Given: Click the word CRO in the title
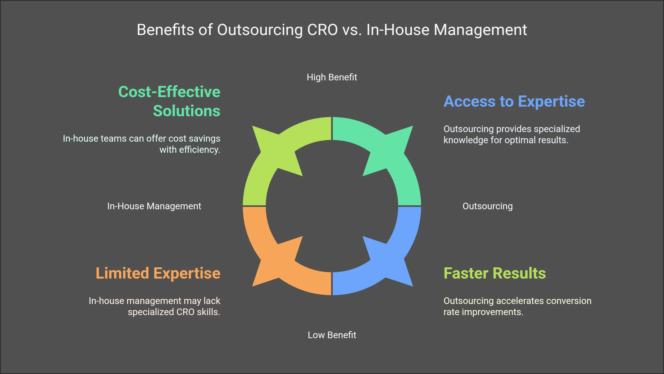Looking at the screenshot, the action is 322,30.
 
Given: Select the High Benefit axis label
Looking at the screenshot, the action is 332,77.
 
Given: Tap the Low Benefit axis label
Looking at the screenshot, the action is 332,335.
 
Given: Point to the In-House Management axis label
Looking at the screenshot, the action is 154,206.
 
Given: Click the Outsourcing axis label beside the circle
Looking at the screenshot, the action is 488,206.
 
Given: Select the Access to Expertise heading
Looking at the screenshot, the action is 514,101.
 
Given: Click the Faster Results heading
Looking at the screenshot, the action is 495,273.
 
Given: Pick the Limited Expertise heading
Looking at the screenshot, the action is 158,273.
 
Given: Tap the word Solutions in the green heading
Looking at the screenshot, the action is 187,111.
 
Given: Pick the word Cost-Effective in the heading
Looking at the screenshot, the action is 169,92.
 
